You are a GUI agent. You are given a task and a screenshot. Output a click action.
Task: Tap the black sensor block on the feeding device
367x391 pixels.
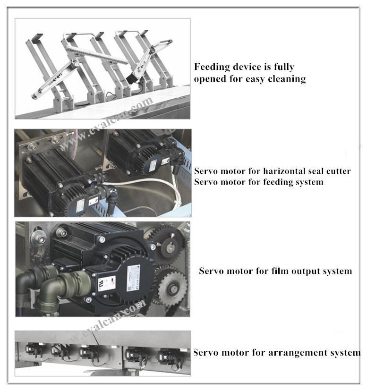(131, 79)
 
